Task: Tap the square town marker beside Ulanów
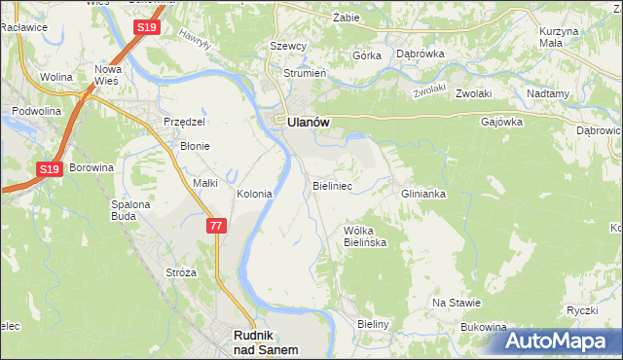(x=279, y=121)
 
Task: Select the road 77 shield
(x=216, y=226)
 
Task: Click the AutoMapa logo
(x=561, y=342)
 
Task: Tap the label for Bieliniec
(x=332, y=184)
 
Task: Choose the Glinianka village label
(x=423, y=194)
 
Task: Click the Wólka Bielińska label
(x=366, y=236)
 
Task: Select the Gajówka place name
(x=502, y=123)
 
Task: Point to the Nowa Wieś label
(x=109, y=76)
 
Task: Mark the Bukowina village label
(x=485, y=327)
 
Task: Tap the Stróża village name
(x=181, y=272)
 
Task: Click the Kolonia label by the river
(x=254, y=194)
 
